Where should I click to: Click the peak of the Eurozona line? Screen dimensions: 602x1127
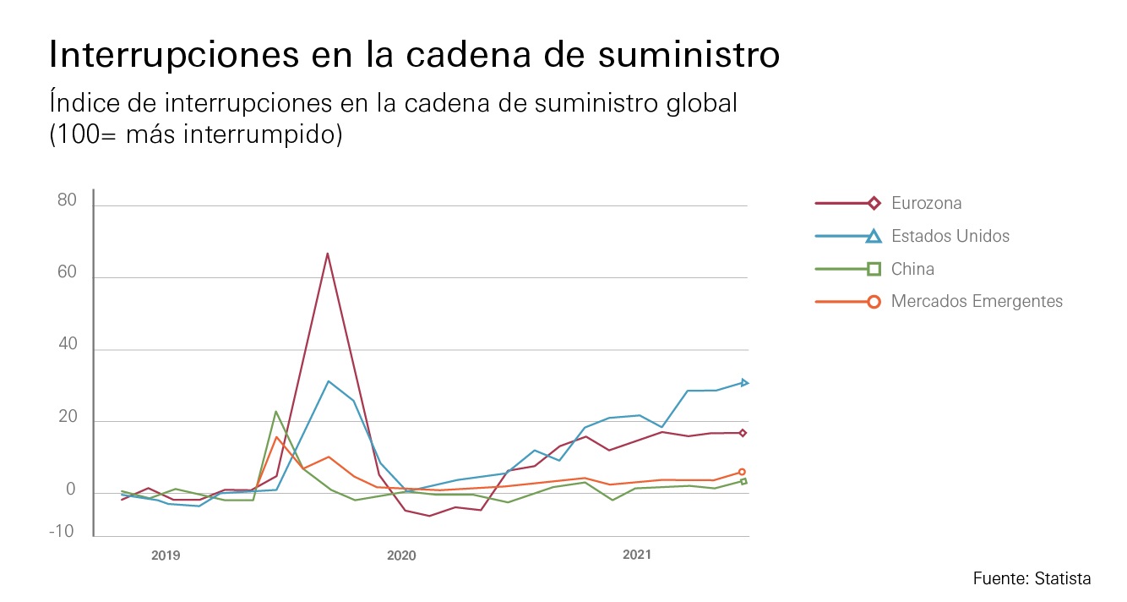click(x=327, y=254)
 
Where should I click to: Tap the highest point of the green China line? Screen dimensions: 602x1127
click(x=276, y=412)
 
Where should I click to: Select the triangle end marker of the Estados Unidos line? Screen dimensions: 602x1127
click(x=744, y=383)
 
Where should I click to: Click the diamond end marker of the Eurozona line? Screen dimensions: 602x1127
click(x=743, y=433)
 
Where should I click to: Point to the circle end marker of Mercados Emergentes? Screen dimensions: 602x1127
click(x=742, y=472)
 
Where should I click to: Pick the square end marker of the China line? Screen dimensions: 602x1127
click(x=743, y=481)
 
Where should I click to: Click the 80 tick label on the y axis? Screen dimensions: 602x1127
click(x=67, y=200)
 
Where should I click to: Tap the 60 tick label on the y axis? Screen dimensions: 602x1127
click(x=67, y=273)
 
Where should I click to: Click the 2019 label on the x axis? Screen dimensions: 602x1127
click(x=166, y=555)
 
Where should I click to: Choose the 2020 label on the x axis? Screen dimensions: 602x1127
click(x=401, y=555)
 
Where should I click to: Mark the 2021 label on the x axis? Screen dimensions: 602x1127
click(x=637, y=555)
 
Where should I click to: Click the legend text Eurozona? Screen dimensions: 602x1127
click(x=926, y=204)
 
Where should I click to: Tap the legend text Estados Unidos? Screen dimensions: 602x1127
click(x=950, y=236)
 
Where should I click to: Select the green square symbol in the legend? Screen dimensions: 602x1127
click(x=874, y=269)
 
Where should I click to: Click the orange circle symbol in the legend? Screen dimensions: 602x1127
click(x=874, y=301)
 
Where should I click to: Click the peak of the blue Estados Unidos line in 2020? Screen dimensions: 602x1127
click(x=328, y=381)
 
